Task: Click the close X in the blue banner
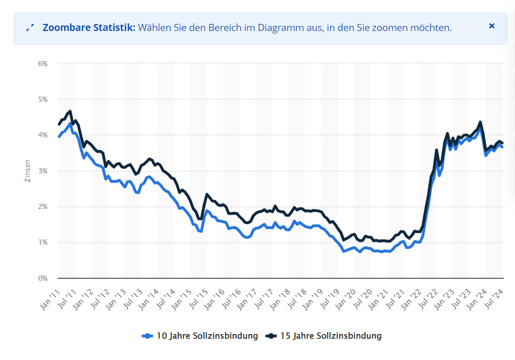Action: [492, 26]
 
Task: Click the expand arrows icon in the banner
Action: [30, 28]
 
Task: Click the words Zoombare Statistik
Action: [89, 27]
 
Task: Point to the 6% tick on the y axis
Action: [42, 64]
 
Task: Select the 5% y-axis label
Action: [42, 99]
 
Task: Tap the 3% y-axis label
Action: [42, 171]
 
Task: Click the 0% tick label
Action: [42, 278]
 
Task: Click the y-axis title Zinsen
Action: [28, 171]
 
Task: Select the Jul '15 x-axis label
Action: [198, 298]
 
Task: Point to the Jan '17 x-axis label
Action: [248, 298]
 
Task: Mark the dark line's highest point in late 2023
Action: [480, 122]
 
